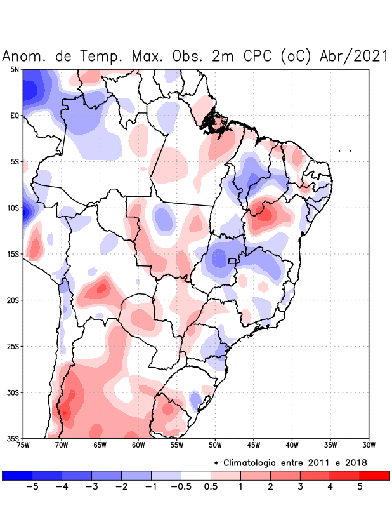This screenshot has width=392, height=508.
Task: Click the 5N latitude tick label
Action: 15,69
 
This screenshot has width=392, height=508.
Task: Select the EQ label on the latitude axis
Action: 15,116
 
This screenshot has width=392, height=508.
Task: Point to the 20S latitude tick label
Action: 13,300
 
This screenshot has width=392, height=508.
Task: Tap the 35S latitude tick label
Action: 13,438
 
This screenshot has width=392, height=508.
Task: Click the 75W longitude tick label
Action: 23,445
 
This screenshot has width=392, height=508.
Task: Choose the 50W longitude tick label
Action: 215,445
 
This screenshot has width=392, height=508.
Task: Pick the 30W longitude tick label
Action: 369,445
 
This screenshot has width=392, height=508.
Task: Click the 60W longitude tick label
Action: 138,445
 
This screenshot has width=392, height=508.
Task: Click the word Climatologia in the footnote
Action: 254,462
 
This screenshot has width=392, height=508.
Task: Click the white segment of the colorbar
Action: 196,475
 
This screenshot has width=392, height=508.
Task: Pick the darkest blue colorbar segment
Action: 17,475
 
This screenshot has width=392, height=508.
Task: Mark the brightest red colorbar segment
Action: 374,475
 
